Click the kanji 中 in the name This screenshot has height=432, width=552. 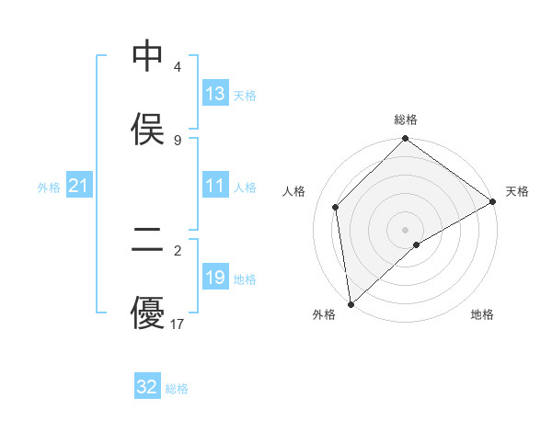pyautogui.click(x=148, y=57)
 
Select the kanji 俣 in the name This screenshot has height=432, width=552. pyautogui.click(x=148, y=129)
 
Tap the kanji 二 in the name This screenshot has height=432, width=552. pyautogui.click(x=148, y=240)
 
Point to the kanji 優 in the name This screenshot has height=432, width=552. pyautogui.click(x=148, y=313)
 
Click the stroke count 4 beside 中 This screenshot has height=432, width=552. pyautogui.click(x=177, y=67)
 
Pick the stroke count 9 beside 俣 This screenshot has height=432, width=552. pyautogui.click(x=177, y=140)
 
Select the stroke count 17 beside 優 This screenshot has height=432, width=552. pyautogui.click(x=178, y=324)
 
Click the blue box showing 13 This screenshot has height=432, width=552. pyautogui.click(x=215, y=94)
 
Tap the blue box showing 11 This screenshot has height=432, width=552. pyautogui.click(x=215, y=186)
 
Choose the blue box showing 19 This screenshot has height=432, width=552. pyautogui.click(x=215, y=278)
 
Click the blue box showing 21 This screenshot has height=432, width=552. pyautogui.click(x=79, y=187)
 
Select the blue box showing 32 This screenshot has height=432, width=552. pyautogui.click(x=147, y=387)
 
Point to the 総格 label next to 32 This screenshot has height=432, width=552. pyautogui.click(x=177, y=389)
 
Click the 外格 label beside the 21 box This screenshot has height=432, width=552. pyautogui.click(x=49, y=188)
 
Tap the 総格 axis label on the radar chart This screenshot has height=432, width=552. pyautogui.click(x=406, y=119)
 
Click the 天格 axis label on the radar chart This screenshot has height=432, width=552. pyautogui.click(x=517, y=191)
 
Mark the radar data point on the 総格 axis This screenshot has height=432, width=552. pyautogui.click(x=405, y=140)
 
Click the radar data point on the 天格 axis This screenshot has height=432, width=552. pyautogui.click(x=493, y=201)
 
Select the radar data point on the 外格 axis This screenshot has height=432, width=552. pyautogui.click(x=351, y=304)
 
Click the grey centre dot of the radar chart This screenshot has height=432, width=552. pyautogui.click(x=405, y=229)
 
